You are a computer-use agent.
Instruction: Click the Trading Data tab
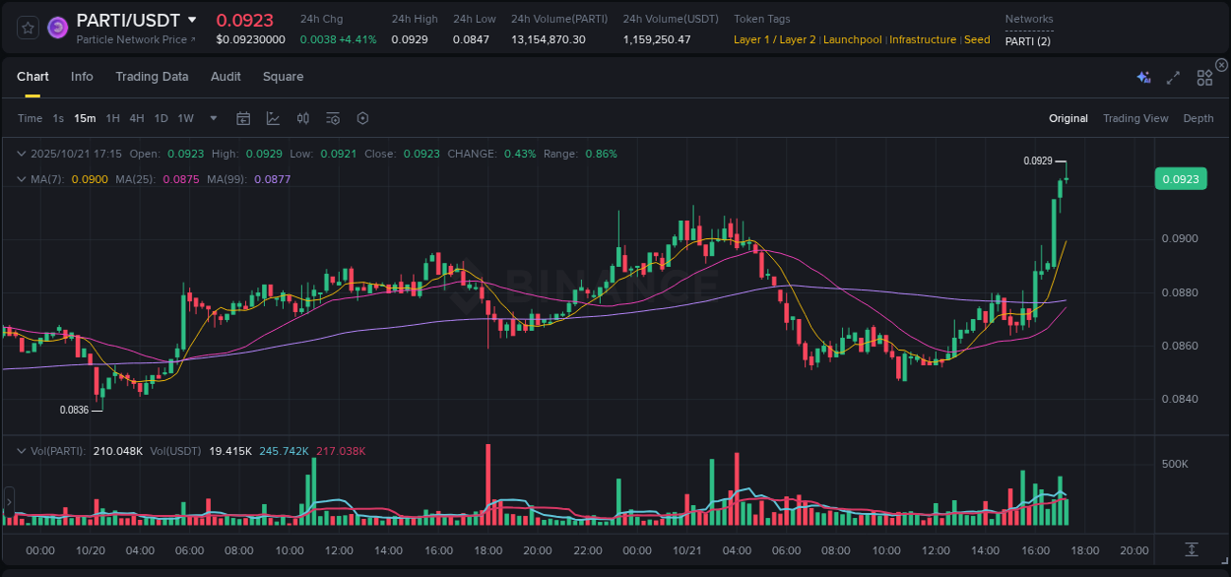tap(152, 77)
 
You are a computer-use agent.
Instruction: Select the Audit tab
tap(226, 77)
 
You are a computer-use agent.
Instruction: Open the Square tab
tap(283, 77)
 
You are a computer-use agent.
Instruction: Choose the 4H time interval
tap(137, 119)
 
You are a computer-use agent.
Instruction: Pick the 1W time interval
tap(185, 119)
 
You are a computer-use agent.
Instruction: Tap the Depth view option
tap(1198, 119)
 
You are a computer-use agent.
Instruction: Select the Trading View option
tap(1134, 119)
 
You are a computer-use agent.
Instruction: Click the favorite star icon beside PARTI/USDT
tap(28, 28)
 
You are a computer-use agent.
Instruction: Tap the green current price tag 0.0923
tap(1180, 179)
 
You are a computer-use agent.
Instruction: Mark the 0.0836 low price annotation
tap(74, 411)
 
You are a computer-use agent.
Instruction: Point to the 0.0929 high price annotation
tap(1037, 160)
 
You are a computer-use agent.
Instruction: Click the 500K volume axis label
tap(1176, 465)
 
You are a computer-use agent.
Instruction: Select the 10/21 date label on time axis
tap(686, 550)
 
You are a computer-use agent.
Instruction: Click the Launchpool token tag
tap(852, 40)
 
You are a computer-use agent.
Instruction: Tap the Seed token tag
tap(977, 40)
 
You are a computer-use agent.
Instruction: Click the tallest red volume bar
tap(488, 484)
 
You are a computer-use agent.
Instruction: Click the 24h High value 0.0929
tap(409, 40)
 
